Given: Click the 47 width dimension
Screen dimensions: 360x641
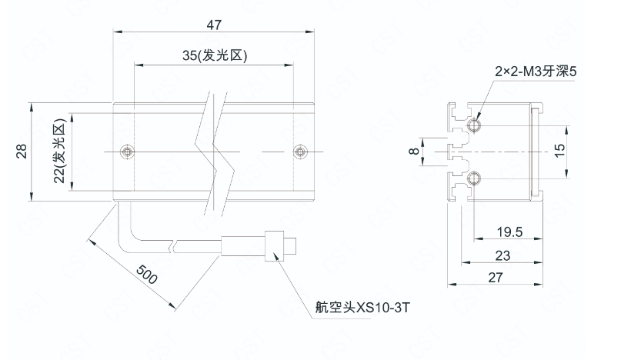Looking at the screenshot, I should (x=214, y=25).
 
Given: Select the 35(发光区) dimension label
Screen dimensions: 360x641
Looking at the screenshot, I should (x=214, y=56).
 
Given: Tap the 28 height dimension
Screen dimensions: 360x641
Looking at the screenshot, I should (x=21, y=152).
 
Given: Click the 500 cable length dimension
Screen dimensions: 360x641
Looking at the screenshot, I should (x=145, y=274).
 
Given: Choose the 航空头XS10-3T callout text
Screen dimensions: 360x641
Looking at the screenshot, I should (x=359, y=308).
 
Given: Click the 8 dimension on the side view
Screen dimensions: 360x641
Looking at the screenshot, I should (x=414, y=152).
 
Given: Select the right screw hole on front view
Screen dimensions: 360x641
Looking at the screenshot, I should (x=299, y=151).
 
